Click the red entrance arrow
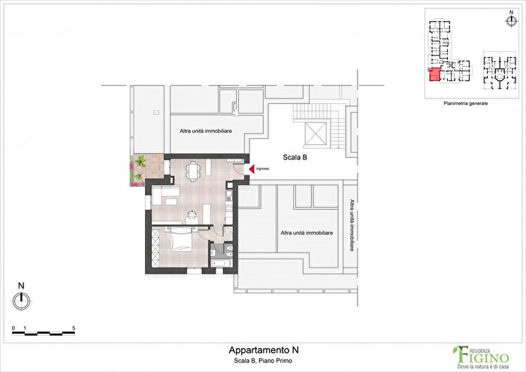[x=252, y=169]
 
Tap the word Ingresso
[x=263, y=169]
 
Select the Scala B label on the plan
[x=295, y=157]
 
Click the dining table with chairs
[x=192, y=171]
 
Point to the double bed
[x=181, y=239]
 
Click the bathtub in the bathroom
[x=221, y=263]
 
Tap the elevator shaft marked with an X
[x=316, y=135]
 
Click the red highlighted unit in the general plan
[x=435, y=74]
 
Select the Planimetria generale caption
[x=466, y=103]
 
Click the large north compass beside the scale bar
[x=22, y=301]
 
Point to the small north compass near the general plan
[x=511, y=21]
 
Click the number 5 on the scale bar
[x=74, y=328]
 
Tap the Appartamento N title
[x=264, y=350]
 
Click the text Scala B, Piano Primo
[x=263, y=361]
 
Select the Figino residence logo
[x=481, y=357]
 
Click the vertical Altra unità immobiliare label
[x=352, y=225]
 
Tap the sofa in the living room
[x=166, y=195]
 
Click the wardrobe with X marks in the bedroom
[x=155, y=247]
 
